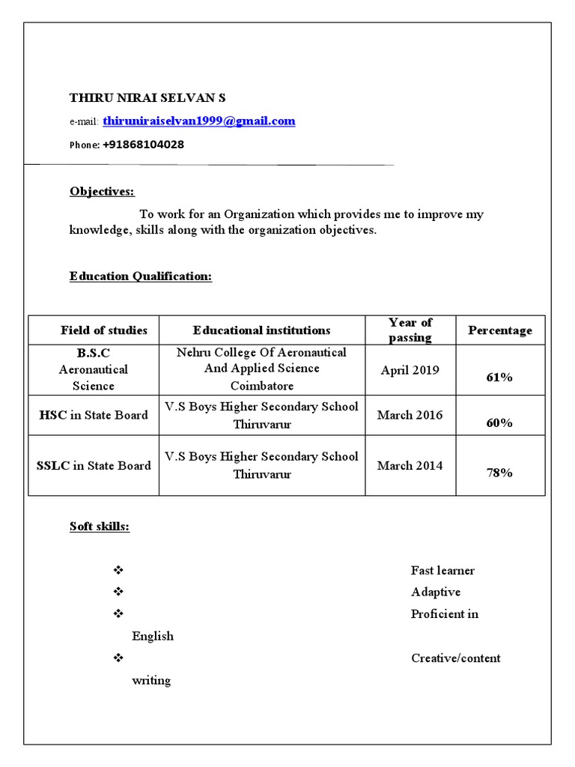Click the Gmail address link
[x=199, y=121]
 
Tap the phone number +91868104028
[x=143, y=145]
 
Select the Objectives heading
[x=103, y=192]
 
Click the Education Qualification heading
[x=141, y=276]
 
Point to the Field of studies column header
[x=104, y=330]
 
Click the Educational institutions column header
[x=261, y=330]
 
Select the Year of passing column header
[x=410, y=330]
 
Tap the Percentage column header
[x=500, y=330]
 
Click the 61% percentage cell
[x=499, y=378]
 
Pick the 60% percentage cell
[x=499, y=423]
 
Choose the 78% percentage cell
[x=499, y=473]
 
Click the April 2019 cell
[x=410, y=370]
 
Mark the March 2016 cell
[x=410, y=415]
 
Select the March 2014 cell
[x=410, y=465]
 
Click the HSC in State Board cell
[x=94, y=415]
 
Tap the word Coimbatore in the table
[x=261, y=386]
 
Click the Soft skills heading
[x=100, y=527]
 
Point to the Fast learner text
[x=442, y=571]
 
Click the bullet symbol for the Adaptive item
[x=118, y=592]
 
